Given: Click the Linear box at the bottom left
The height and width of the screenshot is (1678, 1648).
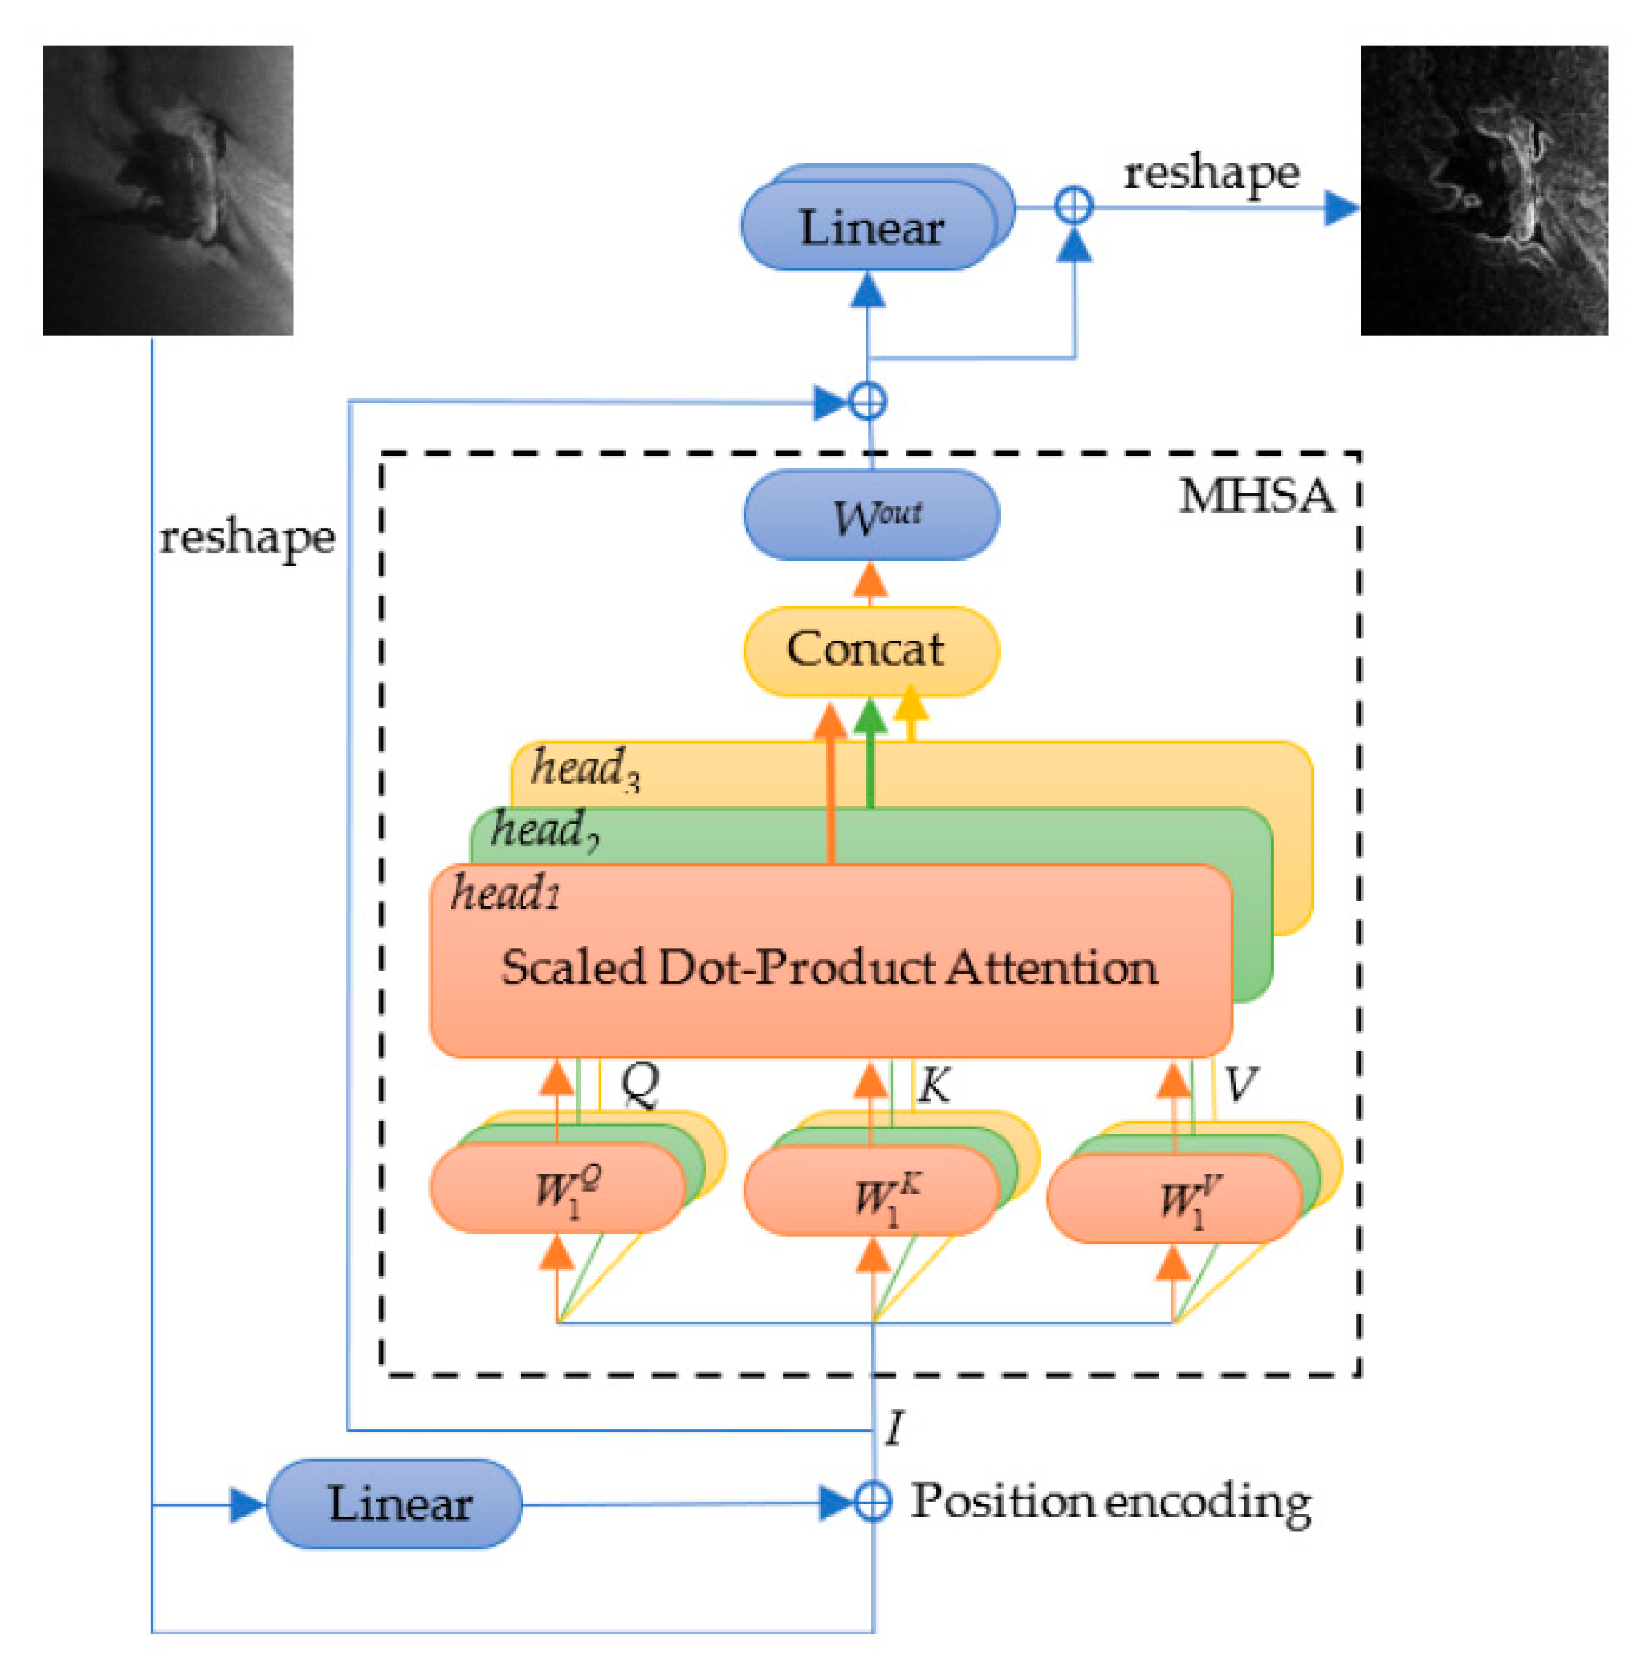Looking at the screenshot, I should pos(395,1504).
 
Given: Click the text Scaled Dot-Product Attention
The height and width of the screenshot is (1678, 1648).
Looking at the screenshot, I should pos(829,967).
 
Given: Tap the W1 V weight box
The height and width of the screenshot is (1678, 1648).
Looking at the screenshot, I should pos(1175,1199).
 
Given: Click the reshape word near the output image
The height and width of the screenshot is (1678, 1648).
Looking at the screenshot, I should pos(1211,173).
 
